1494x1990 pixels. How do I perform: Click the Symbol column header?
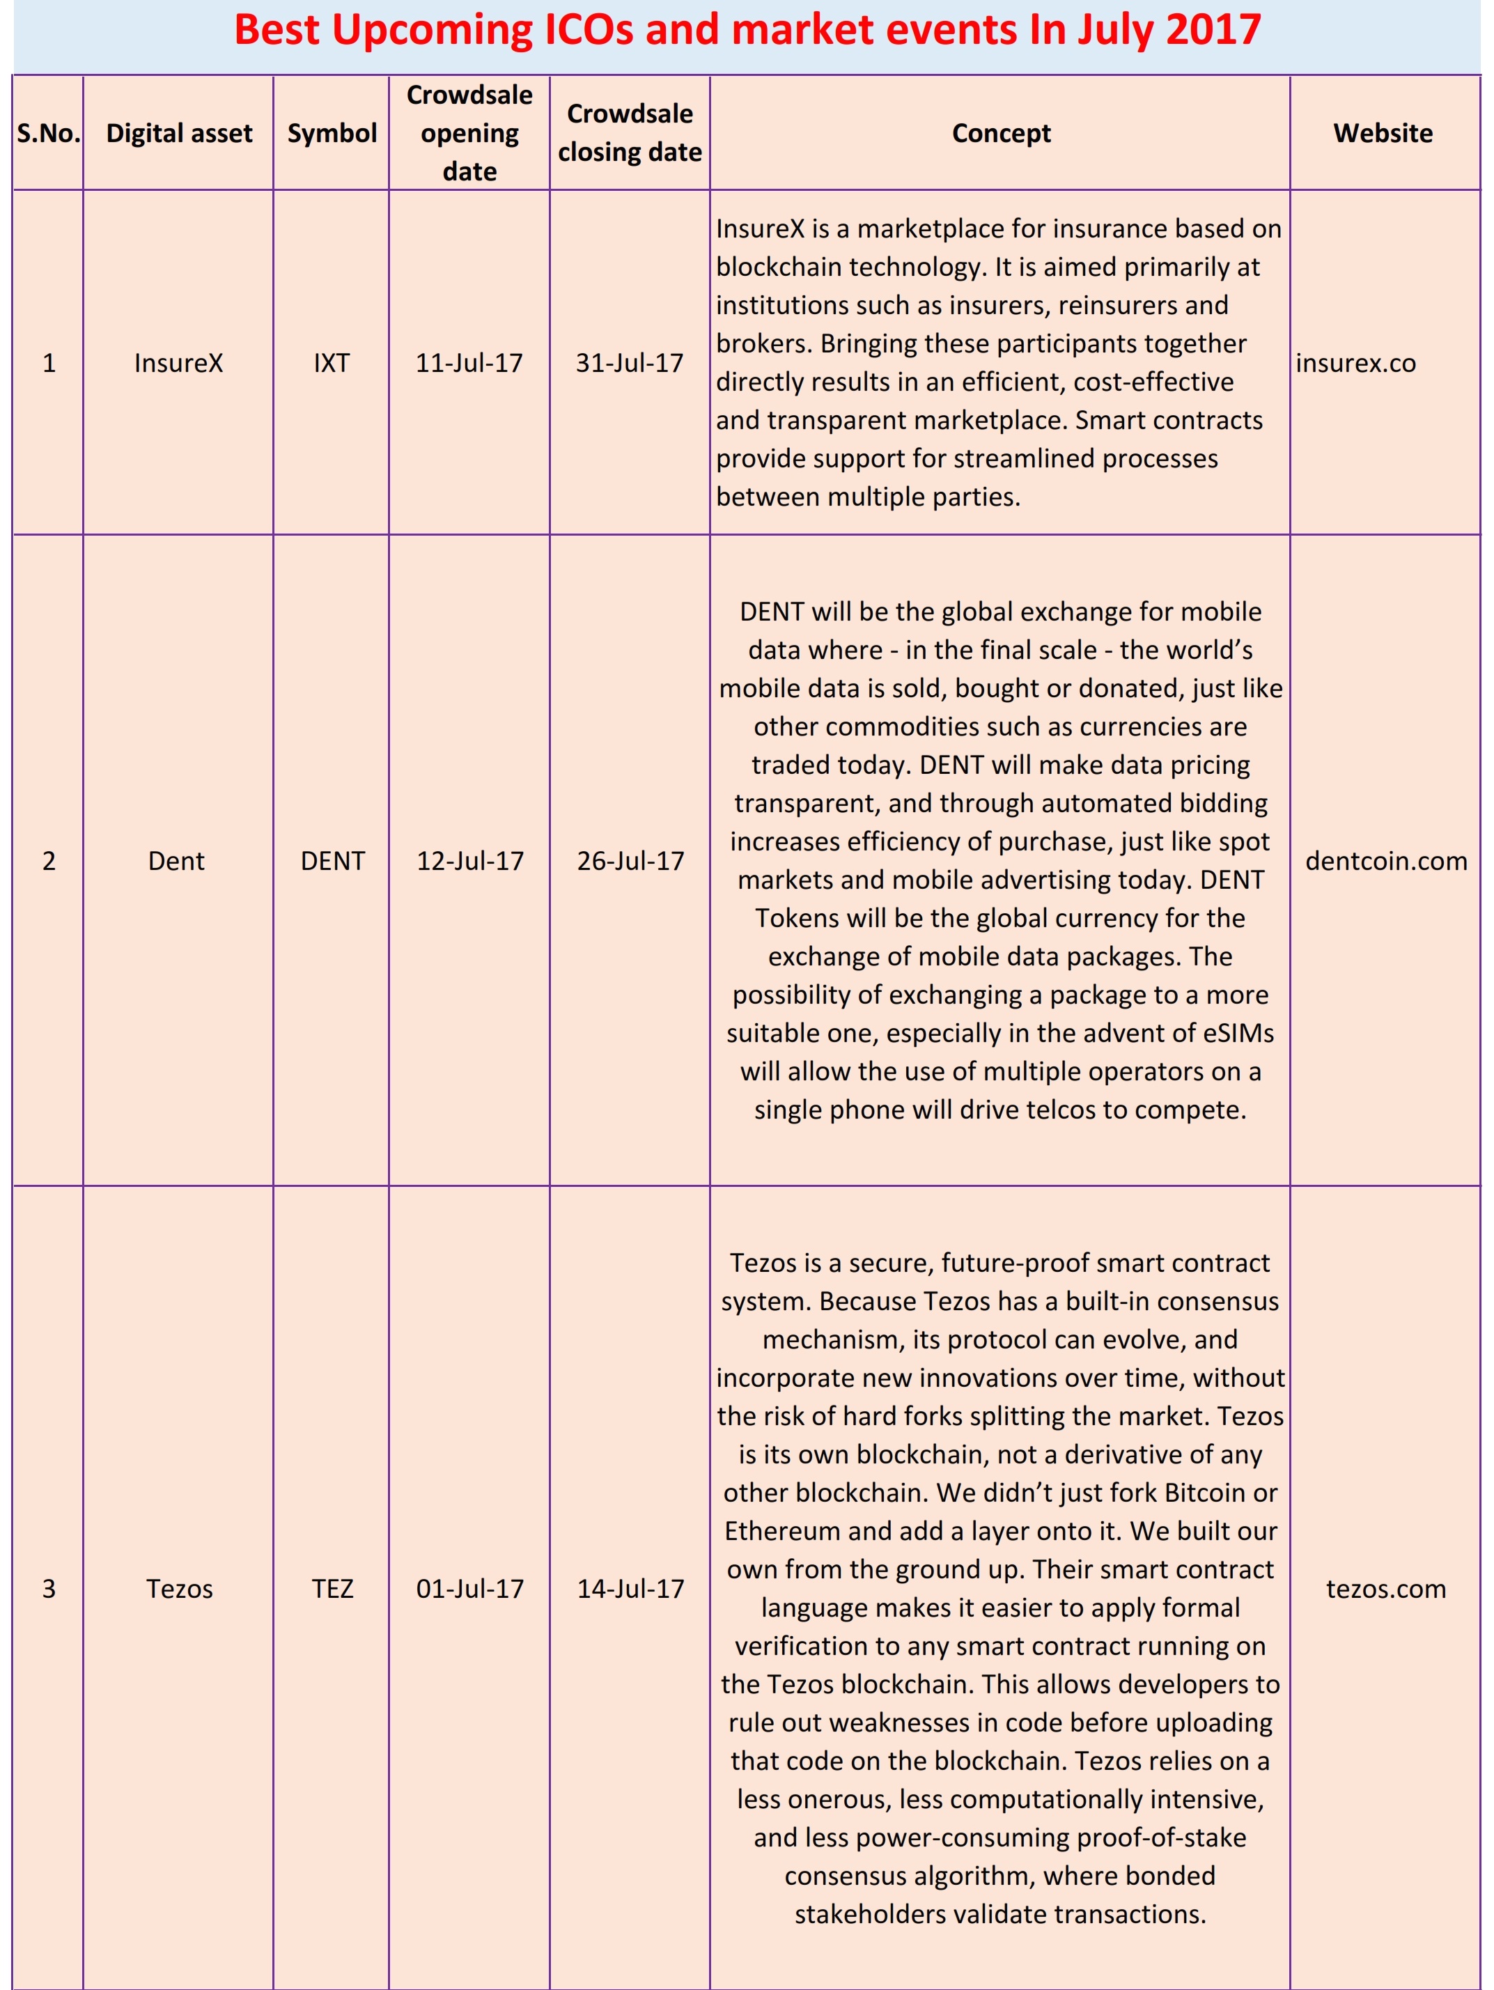click(332, 133)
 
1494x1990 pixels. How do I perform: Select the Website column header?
click(1383, 133)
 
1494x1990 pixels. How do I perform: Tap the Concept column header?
click(1000, 133)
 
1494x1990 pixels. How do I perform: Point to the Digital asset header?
click(179, 133)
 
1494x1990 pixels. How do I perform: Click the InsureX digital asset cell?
click(178, 363)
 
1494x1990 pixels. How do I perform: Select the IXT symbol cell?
click(332, 363)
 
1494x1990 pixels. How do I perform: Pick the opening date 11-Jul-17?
click(469, 363)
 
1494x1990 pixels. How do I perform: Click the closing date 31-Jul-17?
click(630, 363)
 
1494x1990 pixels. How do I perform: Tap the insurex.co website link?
click(1355, 363)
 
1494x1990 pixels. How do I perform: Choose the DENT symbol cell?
click(332, 861)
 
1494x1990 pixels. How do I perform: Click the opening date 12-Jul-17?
click(469, 861)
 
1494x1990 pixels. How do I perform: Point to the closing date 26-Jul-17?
click(630, 861)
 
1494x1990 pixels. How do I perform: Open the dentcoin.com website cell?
click(1386, 861)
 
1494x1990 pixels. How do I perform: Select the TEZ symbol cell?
click(332, 1589)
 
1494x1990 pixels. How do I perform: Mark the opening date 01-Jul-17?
click(469, 1589)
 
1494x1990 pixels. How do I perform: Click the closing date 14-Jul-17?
click(630, 1589)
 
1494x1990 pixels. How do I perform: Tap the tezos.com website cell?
click(1386, 1589)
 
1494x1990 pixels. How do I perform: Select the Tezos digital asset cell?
click(179, 1589)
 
